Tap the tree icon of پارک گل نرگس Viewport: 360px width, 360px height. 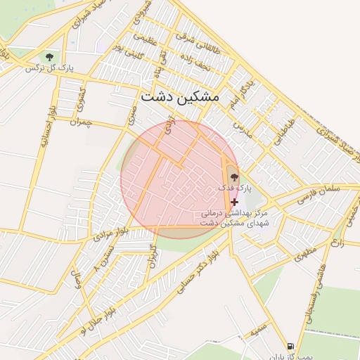49,56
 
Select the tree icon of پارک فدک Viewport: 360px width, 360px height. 233,177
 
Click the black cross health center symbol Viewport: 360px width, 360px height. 234,202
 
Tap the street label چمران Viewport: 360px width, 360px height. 81,122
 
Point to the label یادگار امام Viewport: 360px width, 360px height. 240,96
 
